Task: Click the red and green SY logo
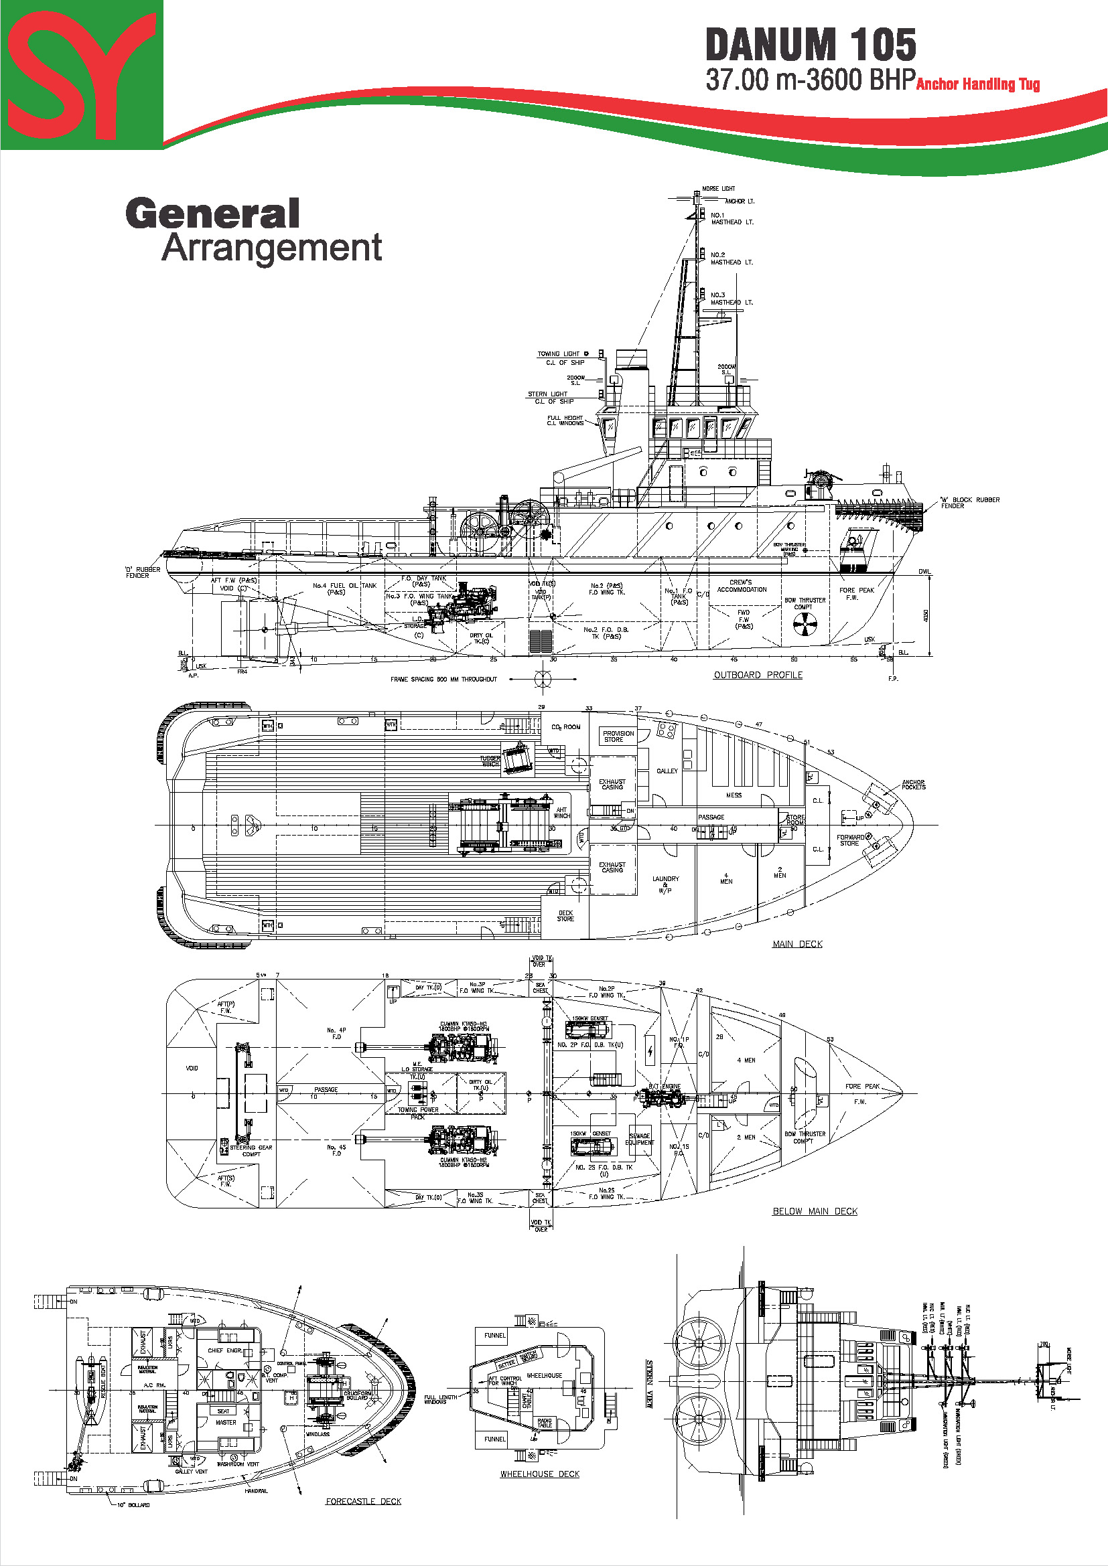[x=81, y=74]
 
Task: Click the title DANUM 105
[x=810, y=46]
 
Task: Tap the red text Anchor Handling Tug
[x=977, y=84]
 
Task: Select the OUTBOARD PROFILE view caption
[x=758, y=675]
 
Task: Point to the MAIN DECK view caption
[x=797, y=944]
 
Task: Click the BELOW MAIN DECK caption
[x=815, y=1211]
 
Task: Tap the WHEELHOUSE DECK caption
[x=539, y=1474]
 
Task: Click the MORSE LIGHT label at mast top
[x=718, y=189]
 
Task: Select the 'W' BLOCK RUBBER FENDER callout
[x=969, y=503]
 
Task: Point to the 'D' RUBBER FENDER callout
[x=143, y=572]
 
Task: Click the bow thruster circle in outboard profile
[x=805, y=623]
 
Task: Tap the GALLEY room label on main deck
[x=667, y=771]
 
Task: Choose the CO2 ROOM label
[x=565, y=727]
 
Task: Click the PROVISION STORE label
[x=618, y=736]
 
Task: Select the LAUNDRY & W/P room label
[x=665, y=884]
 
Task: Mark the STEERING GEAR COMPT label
[x=251, y=1151]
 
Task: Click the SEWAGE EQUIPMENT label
[x=639, y=1139]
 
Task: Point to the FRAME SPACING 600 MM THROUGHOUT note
[x=443, y=680]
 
